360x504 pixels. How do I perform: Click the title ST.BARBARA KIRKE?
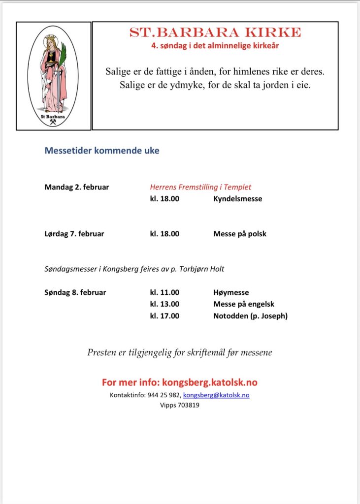click(215, 32)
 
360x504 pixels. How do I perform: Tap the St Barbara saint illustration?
click(53, 76)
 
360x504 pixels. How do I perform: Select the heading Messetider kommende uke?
click(102, 151)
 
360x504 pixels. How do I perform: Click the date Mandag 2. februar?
click(77, 187)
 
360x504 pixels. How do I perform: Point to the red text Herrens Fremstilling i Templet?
click(200, 187)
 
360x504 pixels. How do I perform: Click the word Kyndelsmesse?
click(237, 199)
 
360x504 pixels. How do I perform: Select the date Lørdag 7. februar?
click(74, 234)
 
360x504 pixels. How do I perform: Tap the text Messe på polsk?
click(239, 234)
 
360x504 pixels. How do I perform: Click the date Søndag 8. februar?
click(75, 292)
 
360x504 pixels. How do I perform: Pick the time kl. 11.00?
click(164, 292)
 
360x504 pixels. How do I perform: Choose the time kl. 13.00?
click(164, 304)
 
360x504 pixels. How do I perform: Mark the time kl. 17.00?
click(164, 316)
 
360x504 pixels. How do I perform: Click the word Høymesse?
click(231, 292)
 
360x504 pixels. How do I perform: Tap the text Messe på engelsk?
click(244, 304)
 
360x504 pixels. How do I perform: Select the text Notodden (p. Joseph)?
click(250, 316)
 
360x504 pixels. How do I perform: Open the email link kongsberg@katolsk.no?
click(216, 395)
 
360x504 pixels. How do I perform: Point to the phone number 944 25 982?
click(164, 395)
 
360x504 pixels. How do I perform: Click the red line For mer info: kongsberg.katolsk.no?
click(180, 382)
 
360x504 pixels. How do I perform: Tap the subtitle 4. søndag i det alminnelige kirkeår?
click(215, 46)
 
